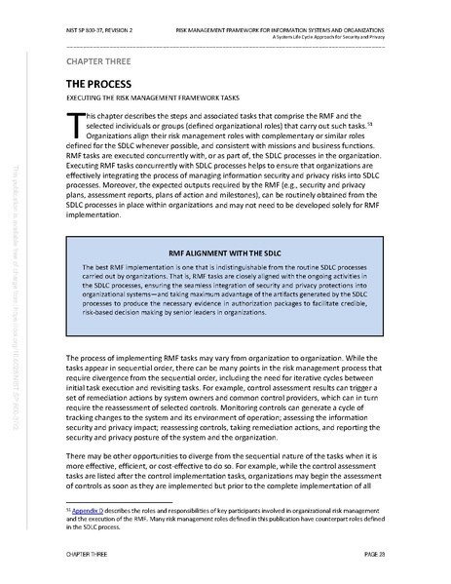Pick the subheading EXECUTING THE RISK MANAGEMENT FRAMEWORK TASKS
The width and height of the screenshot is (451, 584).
(x=161, y=99)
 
